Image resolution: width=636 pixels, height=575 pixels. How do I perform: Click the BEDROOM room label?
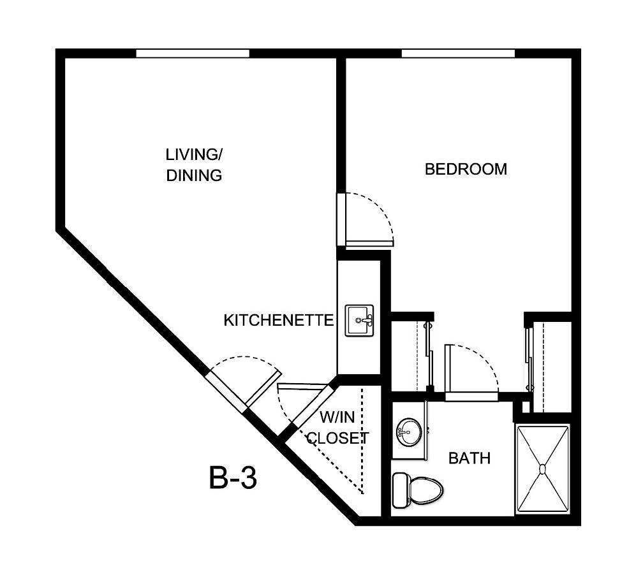pyautogui.click(x=466, y=170)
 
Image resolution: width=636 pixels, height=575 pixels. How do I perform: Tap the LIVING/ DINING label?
pyautogui.click(x=194, y=165)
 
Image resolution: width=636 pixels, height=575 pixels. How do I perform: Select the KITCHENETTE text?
pyautogui.click(x=278, y=320)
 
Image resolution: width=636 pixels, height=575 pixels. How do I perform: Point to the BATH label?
pyautogui.click(x=469, y=458)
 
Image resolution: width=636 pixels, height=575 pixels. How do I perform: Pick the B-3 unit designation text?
pyautogui.click(x=233, y=478)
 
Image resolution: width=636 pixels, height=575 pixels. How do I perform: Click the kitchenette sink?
pyautogui.click(x=360, y=320)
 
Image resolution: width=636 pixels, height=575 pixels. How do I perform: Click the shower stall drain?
pyautogui.click(x=542, y=469)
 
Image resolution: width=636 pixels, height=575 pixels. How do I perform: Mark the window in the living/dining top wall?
pyautogui.click(x=193, y=54)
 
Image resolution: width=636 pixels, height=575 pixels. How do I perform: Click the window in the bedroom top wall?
pyautogui.click(x=458, y=54)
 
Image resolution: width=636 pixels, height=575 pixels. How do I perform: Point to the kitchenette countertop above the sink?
pyautogui.click(x=359, y=284)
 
